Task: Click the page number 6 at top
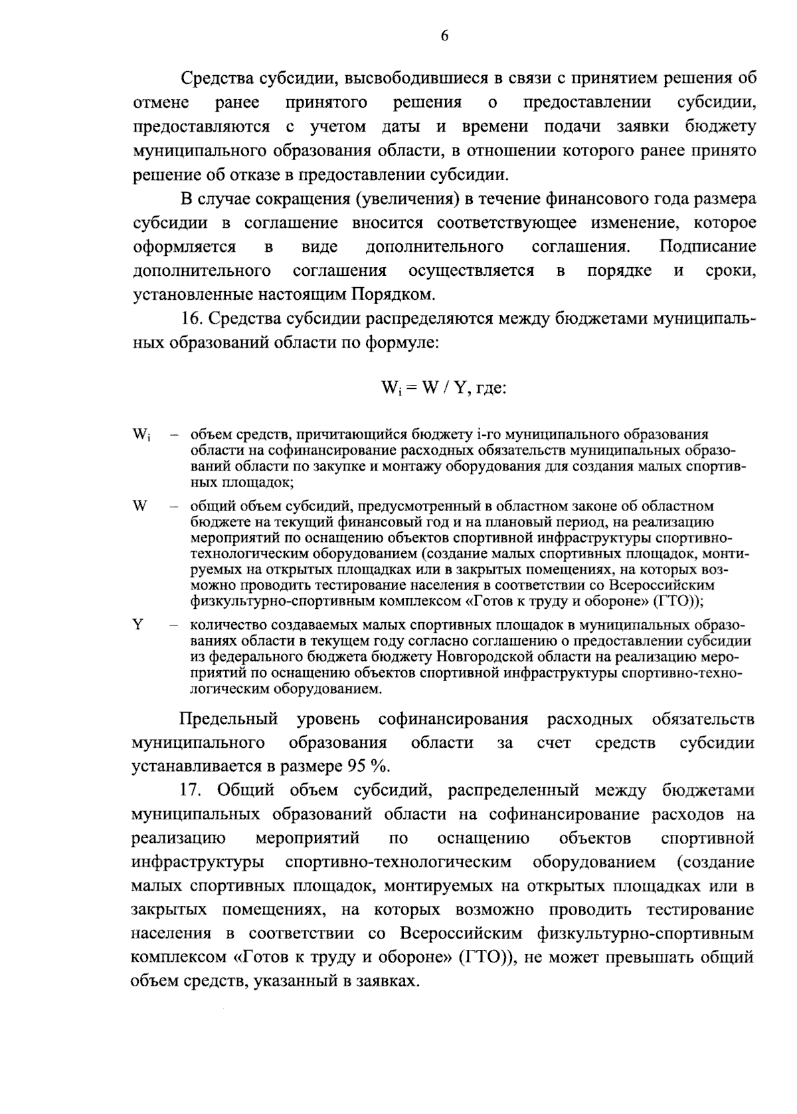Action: [x=444, y=37]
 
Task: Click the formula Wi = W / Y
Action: [x=424, y=387]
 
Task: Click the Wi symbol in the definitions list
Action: [x=141, y=436]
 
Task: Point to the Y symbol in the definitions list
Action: [x=138, y=625]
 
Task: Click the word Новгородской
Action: [x=482, y=657]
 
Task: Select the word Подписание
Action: [x=707, y=247]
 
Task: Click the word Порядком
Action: [x=392, y=294]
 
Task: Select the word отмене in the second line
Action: [x=161, y=103]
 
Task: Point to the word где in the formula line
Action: [x=490, y=388]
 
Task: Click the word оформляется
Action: [x=184, y=247]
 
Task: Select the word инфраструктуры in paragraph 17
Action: [x=198, y=862]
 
